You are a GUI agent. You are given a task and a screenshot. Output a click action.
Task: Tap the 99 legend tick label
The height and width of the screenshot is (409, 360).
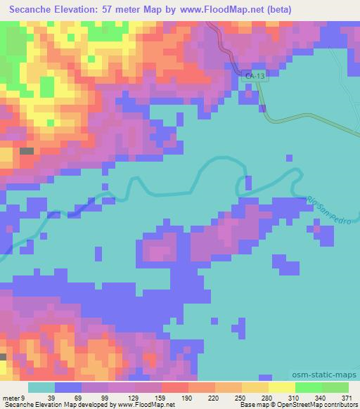(105, 398)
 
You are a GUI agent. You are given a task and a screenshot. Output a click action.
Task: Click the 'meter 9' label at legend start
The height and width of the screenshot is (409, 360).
(13, 398)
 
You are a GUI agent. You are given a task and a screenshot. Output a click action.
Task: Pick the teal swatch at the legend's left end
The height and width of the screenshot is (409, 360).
(41, 387)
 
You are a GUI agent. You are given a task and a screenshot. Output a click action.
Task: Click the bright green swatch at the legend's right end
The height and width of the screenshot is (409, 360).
(335, 387)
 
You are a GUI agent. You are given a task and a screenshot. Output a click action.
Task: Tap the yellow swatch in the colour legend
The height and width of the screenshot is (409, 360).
(281, 387)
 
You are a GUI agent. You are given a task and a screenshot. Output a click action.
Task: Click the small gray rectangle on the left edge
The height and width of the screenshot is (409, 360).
(26, 150)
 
